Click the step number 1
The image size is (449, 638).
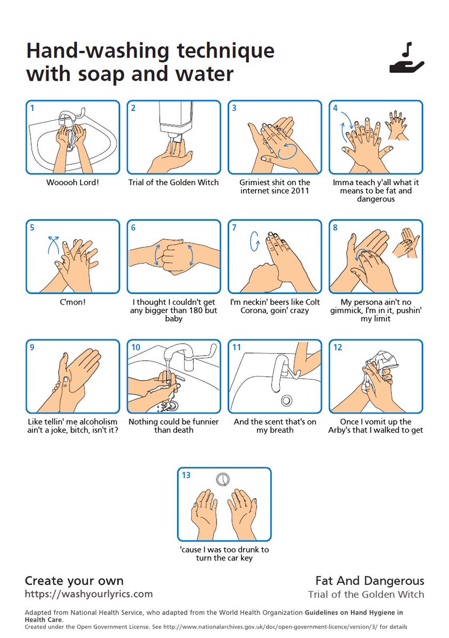(32, 108)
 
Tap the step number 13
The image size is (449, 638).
(186, 475)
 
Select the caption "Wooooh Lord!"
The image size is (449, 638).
(73, 182)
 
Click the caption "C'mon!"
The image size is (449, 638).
(73, 302)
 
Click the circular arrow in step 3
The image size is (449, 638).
(287, 151)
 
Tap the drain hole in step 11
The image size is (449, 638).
(286, 400)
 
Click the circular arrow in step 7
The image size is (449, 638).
(255, 241)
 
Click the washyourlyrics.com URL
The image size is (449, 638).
(89, 594)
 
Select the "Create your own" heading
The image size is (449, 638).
(74, 581)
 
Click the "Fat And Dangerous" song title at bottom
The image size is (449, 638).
(370, 581)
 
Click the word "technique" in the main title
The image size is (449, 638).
(226, 51)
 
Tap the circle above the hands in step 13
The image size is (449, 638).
(223, 479)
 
